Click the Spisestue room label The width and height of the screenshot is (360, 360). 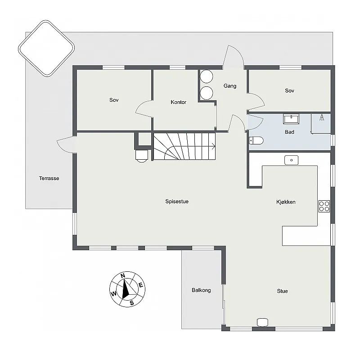pos(177,202)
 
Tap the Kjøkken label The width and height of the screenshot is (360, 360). pos(286,202)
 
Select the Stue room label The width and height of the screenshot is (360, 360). pos(282,291)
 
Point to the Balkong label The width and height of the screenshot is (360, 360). pos(201,290)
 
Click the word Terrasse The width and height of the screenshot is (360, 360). pos(49,178)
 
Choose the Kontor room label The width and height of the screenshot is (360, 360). pos(179,102)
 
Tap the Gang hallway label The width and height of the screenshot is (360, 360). pos(229,86)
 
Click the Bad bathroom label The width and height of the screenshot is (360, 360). pos(290,132)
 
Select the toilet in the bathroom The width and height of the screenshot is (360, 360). pos(256,140)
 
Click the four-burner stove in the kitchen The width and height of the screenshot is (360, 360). pos(324,206)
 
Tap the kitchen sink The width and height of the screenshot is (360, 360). pos(292,160)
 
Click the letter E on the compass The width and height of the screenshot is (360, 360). pos(140,285)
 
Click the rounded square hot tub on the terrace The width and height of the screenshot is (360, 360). pos(46,48)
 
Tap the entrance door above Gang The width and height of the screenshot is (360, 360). pos(234,58)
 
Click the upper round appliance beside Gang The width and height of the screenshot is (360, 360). pos(207,76)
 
